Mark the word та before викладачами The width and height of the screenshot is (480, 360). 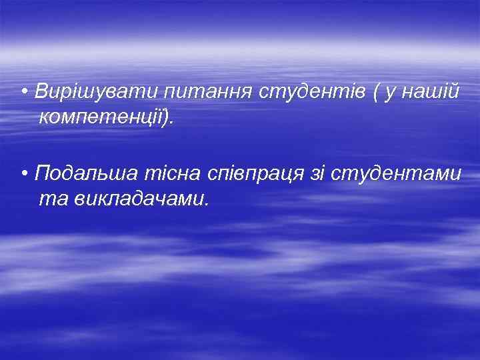point(49,199)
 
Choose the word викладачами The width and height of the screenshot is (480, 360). point(133,198)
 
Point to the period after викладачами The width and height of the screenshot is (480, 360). point(207,203)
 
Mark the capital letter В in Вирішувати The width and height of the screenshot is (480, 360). point(41,91)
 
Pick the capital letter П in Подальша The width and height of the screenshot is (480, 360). point(42,175)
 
